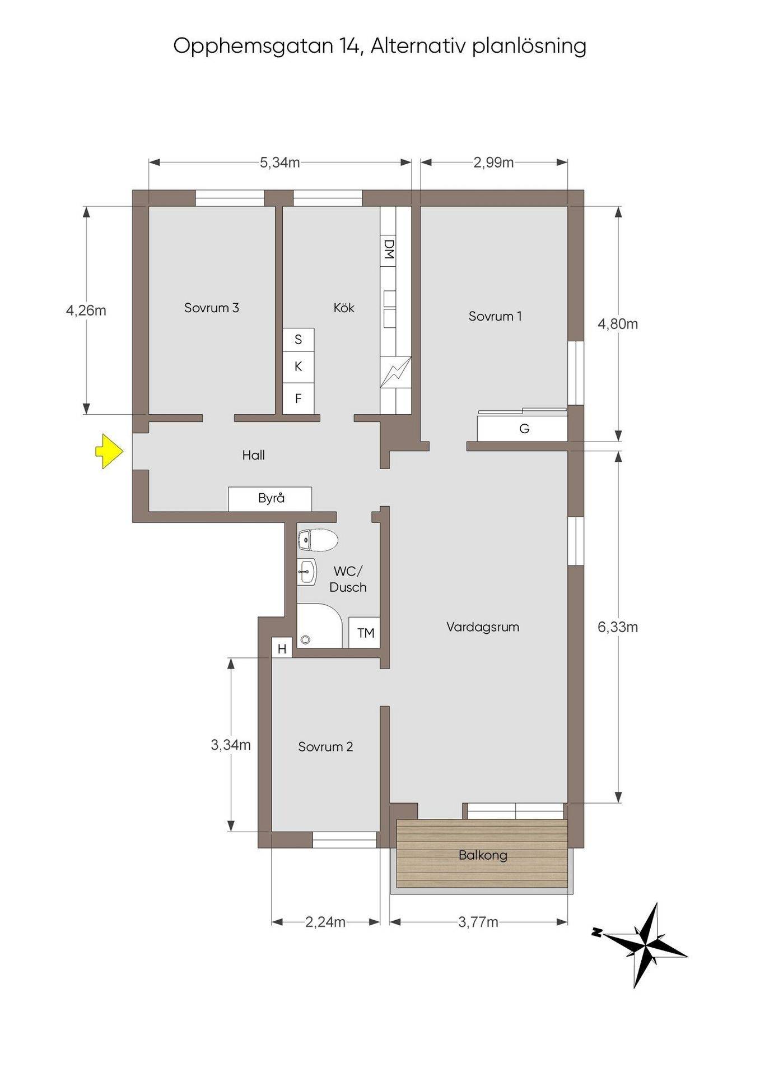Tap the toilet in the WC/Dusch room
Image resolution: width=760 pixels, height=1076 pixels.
click(318, 540)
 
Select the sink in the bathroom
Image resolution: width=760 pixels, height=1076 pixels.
click(307, 572)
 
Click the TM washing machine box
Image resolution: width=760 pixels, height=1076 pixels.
click(365, 633)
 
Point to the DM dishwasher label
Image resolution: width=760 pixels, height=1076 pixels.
click(389, 249)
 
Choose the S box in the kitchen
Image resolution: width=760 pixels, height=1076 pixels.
click(298, 340)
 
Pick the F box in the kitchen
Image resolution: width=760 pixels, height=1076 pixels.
click(298, 398)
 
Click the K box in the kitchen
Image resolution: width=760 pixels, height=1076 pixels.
click(298, 367)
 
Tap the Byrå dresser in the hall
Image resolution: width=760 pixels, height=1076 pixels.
click(270, 499)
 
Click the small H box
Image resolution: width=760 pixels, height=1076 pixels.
click(282, 649)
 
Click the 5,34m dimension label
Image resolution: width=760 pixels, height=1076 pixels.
click(279, 163)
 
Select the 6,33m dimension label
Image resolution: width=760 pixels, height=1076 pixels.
click(618, 627)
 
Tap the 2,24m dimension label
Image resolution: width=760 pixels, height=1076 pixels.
click(325, 922)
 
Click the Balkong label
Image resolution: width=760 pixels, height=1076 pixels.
click(483, 855)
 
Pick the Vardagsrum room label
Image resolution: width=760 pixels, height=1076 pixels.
click(483, 627)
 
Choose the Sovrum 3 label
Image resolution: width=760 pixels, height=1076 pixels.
click(212, 308)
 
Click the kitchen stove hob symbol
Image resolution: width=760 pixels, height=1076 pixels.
click(395, 372)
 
